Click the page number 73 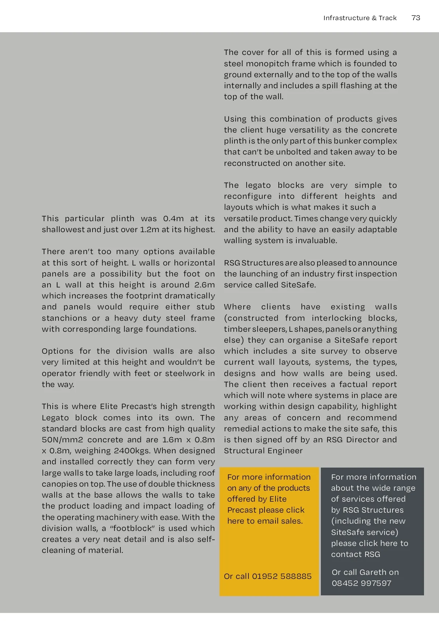[416, 18]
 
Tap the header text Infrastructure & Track [360, 18]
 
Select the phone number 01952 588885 [282, 576]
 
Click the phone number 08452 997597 [361, 583]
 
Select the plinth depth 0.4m [173, 219]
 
